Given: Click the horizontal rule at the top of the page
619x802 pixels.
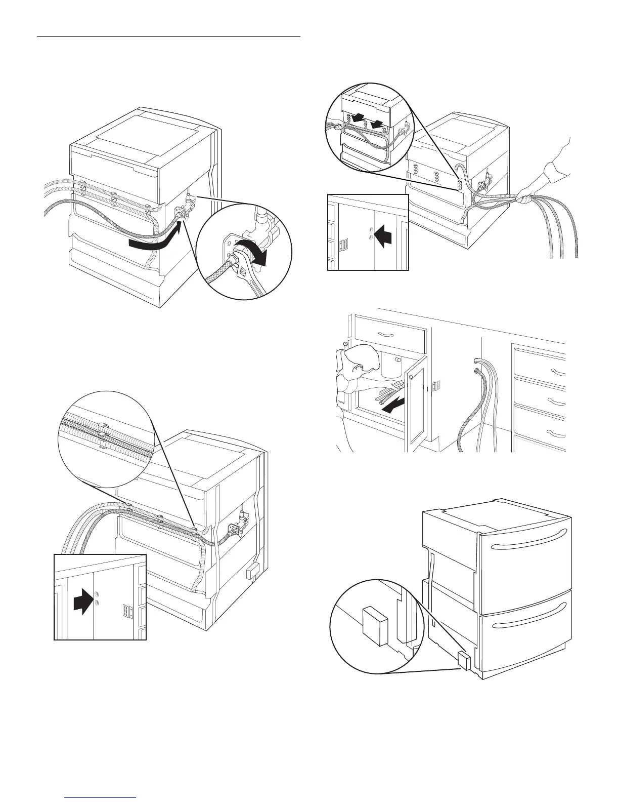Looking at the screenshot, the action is (x=169, y=37).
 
